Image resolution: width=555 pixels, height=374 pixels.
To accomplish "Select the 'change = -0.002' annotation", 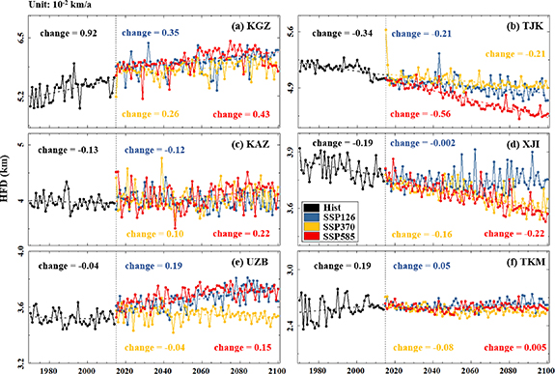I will pos(426,143).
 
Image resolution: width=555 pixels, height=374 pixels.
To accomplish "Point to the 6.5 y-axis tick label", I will pos(16,37).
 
